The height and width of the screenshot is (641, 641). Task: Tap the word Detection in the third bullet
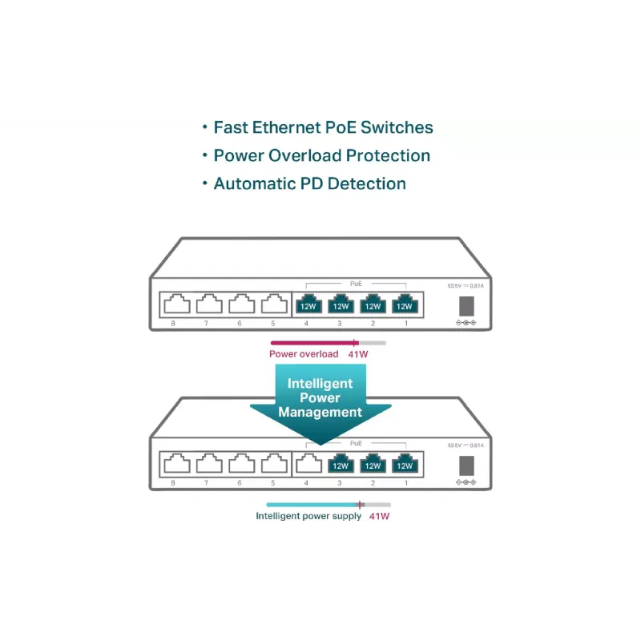click(x=366, y=183)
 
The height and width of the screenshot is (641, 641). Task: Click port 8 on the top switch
click(x=176, y=304)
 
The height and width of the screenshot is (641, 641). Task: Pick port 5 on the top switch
click(x=274, y=304)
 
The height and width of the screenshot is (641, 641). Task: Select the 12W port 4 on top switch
click(x=308, y=304)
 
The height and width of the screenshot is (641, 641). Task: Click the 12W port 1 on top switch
click(x=405, y=304)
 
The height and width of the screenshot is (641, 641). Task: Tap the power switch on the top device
click(x=466, y=305)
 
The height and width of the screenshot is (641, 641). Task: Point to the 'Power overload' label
click(x=304, y=354)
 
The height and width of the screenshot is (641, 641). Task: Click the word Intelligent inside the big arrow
click(x=320, y=384)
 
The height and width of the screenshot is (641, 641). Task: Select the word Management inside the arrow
click(x=320, y=413)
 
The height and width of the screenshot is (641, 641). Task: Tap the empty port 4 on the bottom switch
click(x=308, y=464)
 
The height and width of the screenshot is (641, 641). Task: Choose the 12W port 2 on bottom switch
click(x=373, y=464)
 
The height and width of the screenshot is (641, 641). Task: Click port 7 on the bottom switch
click(x=209, y=464)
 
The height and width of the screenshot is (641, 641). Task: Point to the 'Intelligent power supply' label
click(x=308, y=516)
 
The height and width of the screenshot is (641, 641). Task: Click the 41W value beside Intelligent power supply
click(x=379, y=516)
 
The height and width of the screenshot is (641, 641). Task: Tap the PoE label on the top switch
click(x=357, y=284)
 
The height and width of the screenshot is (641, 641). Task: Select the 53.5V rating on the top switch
click(x=454, y=286)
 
